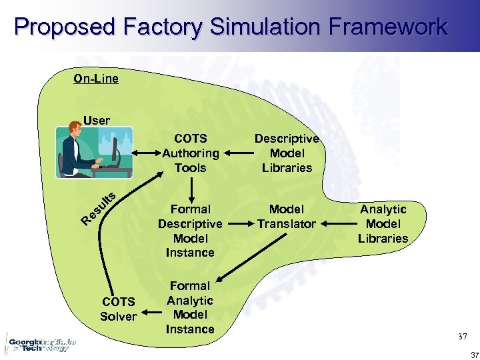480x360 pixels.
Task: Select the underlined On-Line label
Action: [x=96, y=79]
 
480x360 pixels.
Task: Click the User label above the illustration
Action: [x=97, y=121]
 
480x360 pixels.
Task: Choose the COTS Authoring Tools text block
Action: [x=191, y=153]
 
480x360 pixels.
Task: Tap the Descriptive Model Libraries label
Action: [x=287, y=153]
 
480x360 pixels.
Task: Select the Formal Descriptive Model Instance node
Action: [x=190, y=231]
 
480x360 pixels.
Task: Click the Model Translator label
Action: [x=287, y=217]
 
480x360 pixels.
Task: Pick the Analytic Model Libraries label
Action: [x=383, y=224]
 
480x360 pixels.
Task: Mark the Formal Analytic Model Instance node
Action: [x=190, y=307]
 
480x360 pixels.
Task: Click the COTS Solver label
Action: [x=118, y=309]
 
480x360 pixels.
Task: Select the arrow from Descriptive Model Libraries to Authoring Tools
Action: [x=239, y=153]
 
